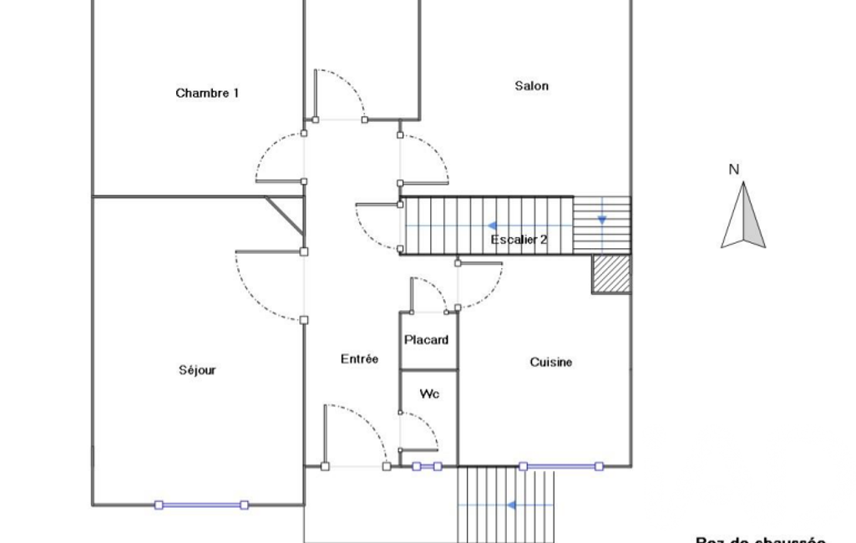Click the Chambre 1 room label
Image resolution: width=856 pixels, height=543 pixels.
click(x=207, y=93)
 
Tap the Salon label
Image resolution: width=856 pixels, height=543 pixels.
click(x=532, y=86)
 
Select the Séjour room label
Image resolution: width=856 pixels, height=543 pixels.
click(x=197, y=370)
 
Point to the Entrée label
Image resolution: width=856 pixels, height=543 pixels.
click(x=359, y=359)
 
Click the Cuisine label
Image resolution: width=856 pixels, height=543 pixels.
click(x=551, y=362)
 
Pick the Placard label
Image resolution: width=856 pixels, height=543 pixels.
click(x=427, y=340)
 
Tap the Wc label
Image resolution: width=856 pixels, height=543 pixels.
click(x=429, y=393)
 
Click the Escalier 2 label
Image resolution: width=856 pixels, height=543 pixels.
click(x=519, y=240)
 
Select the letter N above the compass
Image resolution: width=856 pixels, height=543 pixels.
click(x=734, y=170)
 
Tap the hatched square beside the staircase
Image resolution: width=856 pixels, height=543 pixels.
click(x=611, y=274)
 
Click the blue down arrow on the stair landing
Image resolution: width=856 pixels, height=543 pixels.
click(x=602, y=220)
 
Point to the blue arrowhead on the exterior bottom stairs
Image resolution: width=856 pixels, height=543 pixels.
click(x=510, y=505)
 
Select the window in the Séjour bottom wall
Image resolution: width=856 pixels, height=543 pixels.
click(x=201, y=505)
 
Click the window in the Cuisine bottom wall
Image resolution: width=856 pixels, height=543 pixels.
click(x=560, y=466)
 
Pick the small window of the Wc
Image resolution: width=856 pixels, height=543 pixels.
click(x=427, y=466)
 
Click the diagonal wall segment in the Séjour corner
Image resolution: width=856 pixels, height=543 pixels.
click(x=284, y=214)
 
